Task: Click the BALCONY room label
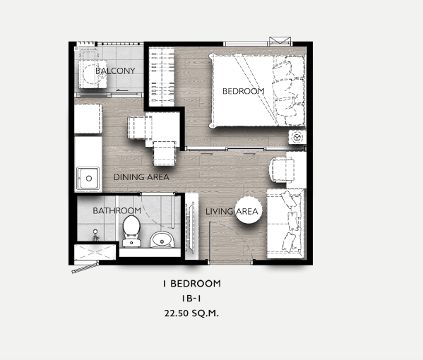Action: (115, 71)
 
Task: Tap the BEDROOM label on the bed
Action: (244, 91)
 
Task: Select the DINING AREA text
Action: (141, 177)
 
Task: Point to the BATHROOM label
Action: (117, 210)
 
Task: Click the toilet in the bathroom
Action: (131, 231)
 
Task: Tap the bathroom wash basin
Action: (162, 240)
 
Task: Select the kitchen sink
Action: (88, 178)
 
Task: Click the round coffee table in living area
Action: (249, 210)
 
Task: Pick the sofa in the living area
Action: (286, 224)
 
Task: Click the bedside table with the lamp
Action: (297, 137)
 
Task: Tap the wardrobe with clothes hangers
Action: (162, 76)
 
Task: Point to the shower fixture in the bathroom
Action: (95, 235)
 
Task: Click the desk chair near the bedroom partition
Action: (282, 170)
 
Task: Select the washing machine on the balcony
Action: (93, 74)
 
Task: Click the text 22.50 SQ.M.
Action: (191, 313)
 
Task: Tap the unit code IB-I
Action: (191, 299)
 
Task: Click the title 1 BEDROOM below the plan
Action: (192, 284)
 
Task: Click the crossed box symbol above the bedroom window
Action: (280, 41)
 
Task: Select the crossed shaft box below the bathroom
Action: (95, 252)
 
